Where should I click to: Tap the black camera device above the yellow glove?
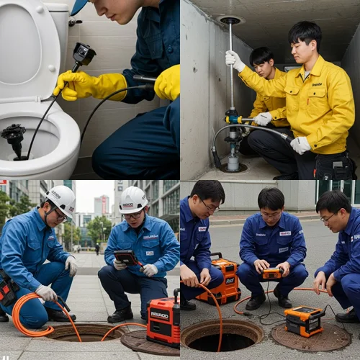click(x=83, y=54)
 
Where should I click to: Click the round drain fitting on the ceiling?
click(x=230, y=20)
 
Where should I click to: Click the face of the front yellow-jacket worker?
click(x=304, y=48)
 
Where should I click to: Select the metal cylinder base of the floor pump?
click(x=233, y=160)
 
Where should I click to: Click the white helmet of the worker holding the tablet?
click(x=133, y=199)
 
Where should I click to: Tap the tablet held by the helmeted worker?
click(x=126, y=257)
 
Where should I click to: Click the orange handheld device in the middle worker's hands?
click(x=272, y=274)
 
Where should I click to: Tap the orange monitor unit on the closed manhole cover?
click(x=305, y=320)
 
